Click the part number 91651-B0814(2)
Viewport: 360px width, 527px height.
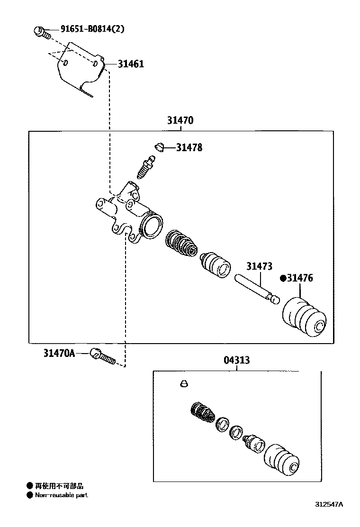(x=92, y=29)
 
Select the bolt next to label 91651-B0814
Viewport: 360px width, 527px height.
(x=41, y=32)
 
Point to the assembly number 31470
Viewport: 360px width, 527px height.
(x=180, y=121)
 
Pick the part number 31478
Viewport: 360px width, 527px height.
(x=189, y=148)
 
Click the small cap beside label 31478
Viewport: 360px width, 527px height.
(x=160, y=147)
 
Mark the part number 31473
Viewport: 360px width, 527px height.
(x=259, y=266)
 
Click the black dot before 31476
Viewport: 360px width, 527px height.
(x=283, y=278)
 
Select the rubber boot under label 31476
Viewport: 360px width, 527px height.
(x=305, y=318)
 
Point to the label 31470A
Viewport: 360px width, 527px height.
(x=59, y=353)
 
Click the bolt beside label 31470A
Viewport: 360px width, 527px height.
(x=103, y=357)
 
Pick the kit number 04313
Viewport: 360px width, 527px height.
(x=237, y=361)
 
